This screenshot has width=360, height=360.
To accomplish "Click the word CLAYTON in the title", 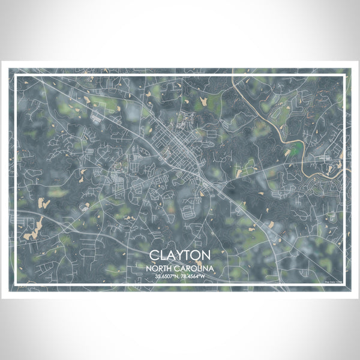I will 180,255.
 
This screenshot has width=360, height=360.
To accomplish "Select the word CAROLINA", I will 191,268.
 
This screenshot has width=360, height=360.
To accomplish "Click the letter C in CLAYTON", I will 155,255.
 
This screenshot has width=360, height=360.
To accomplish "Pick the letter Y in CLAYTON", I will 179,255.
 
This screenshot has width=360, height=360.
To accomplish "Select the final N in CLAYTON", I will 205,255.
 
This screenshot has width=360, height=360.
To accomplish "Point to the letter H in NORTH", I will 175,268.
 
